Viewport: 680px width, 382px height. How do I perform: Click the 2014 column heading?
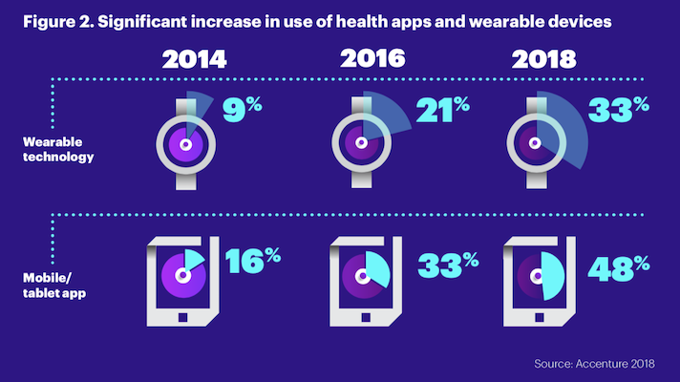(194, 58)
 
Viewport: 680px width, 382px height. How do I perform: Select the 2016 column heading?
(370, 58)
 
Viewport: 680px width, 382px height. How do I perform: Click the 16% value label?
(253, 261)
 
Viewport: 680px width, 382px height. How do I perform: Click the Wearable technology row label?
(59, 149)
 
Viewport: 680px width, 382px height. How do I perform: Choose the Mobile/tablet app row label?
(54, 286)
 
